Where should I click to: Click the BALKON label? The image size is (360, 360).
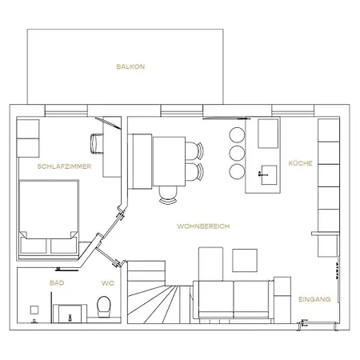point(130,66)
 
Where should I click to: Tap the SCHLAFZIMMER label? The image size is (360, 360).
point(64,166)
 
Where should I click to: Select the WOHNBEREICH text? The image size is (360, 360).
point(203,226)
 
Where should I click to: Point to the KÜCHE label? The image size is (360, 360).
point(300,163)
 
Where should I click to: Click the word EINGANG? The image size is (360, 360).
point(314,299)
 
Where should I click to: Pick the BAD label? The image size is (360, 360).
point(57,282)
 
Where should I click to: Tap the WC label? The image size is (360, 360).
point(108,283)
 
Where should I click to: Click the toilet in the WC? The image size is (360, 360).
point(104,306)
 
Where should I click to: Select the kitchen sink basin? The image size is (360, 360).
point(269,175)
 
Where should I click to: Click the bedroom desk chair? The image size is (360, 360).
point(97,143)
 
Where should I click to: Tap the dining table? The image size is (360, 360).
point(169,162)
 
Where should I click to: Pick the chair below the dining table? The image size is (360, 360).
point(168,195)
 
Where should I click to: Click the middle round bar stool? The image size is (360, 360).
point(237,154)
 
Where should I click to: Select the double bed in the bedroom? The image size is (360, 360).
point(49,217)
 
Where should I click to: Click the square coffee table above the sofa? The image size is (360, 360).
point(245,261)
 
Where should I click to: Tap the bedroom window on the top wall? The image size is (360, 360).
point(66,110)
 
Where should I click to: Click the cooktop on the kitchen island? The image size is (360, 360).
point(268,134)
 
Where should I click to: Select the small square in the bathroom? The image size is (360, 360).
point(34,310)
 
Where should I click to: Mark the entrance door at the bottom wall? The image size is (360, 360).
point(318,324)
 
